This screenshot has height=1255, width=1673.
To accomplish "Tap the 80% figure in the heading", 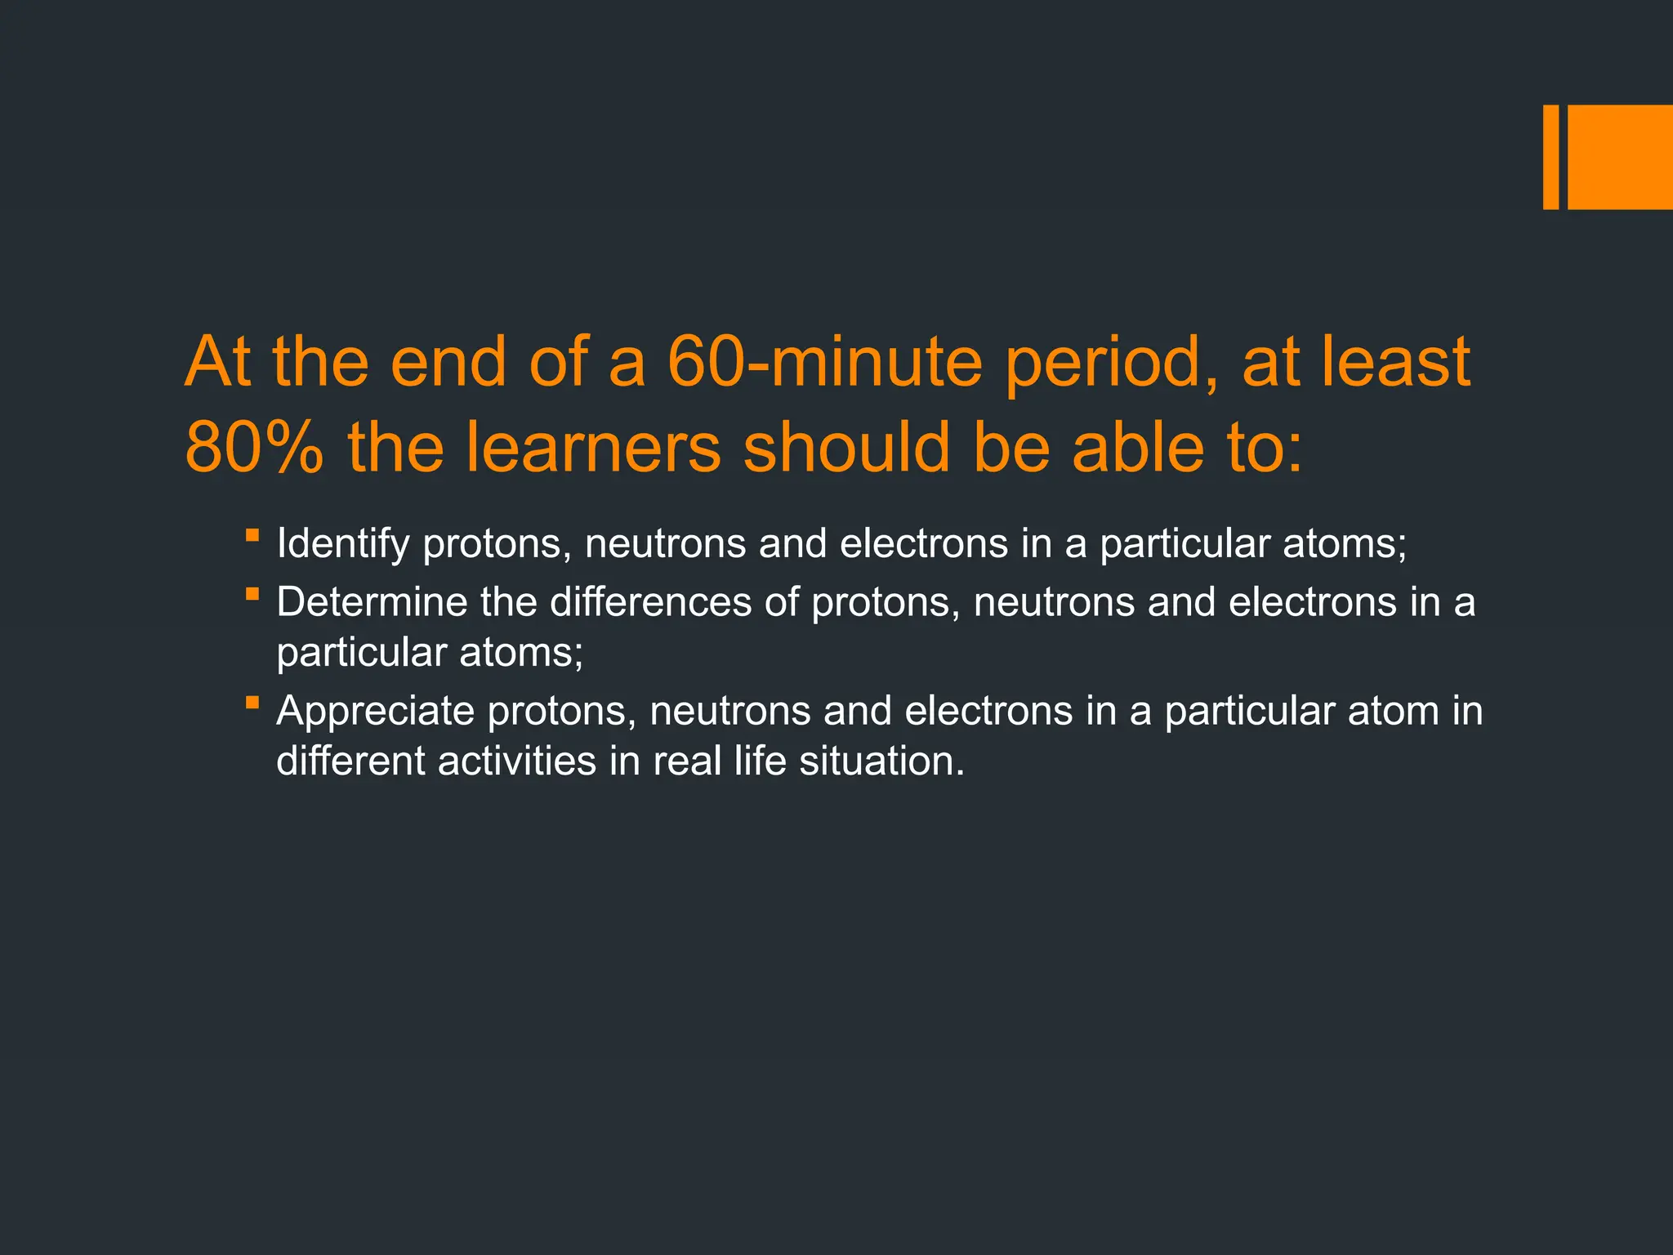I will pos(254,448).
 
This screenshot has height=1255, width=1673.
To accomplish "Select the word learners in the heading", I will pos(593,448).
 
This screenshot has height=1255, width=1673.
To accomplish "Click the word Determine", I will pos(371,602).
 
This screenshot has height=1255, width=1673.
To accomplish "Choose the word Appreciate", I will pos(375,711).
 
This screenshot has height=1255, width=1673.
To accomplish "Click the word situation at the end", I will pos(881,761).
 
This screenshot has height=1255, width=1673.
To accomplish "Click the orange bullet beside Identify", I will pos(252,536).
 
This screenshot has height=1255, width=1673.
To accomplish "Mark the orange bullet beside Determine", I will pos(252,594).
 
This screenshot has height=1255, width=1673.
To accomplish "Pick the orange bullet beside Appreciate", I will pos(252,703).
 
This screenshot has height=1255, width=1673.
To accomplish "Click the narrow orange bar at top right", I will pos(1550,157).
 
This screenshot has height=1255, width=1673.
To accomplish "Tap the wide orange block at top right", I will pos(1620,157).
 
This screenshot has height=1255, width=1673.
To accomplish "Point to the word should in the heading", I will pos(846,448).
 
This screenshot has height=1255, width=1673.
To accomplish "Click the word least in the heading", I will pos(1396,361).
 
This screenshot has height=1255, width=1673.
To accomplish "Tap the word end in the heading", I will pos(448,361).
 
